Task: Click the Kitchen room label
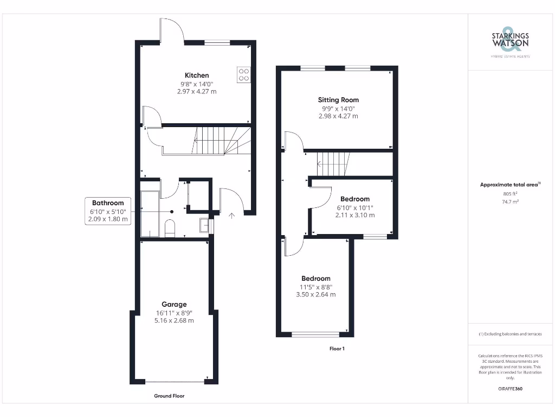coord(197,75)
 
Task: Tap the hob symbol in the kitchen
coord(244,74)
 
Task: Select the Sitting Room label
coord(338,100)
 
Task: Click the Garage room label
coord(174,305)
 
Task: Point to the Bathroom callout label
coord(108,203)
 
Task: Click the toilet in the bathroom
coord(170,228)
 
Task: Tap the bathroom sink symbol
coord(204,225)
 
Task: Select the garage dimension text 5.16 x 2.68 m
coord(174,320)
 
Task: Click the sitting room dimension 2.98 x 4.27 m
coord(338,116)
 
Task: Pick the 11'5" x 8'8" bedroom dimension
coord(316,287)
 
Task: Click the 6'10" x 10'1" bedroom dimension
coord(355,207)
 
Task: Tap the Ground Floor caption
coord(169,396)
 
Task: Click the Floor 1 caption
coord(337,349)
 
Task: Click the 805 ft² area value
coord(510,194)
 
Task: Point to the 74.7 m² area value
coord(510,201)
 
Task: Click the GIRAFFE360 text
coord(510,389)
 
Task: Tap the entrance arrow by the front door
coord(232,216)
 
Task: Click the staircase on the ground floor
coord(216,141)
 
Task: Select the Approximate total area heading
coord(510,185)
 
